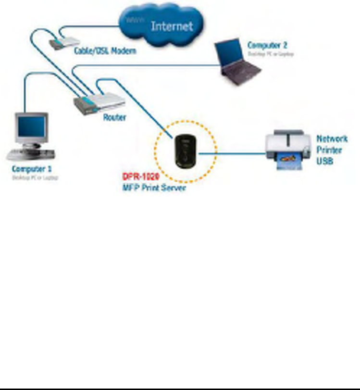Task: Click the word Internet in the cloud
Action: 172,25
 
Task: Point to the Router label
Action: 114,117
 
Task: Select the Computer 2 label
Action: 267,45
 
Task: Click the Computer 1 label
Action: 32,169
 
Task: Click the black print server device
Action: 185,151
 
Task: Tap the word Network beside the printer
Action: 331,139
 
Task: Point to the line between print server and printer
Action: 231,154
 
